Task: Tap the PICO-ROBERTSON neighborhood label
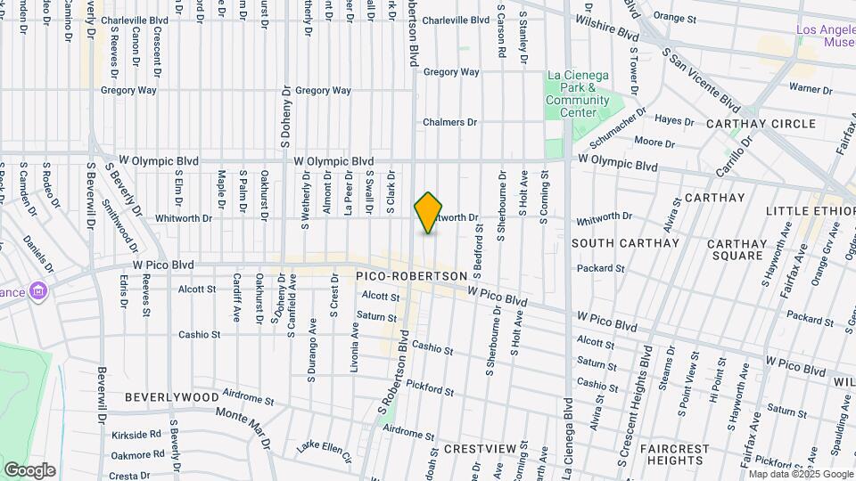pyautogui.click(x=411, y=277)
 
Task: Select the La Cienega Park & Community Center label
pyautogui.click(x=577, y=94)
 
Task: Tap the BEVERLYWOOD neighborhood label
pyautogui.click(x=172, y=396)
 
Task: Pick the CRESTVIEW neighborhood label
pyautogui.click(x=481, y=450)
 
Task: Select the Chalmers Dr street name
pyautogui.click(x=450, y=122)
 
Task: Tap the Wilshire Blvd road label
pyautogui.click(x=607, y=27)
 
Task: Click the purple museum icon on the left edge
pyautogui.click(x=37, y=290)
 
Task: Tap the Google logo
pyautogui.click(x=29, y=469)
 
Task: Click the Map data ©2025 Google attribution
pyautogui.click(x=800, y=474)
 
